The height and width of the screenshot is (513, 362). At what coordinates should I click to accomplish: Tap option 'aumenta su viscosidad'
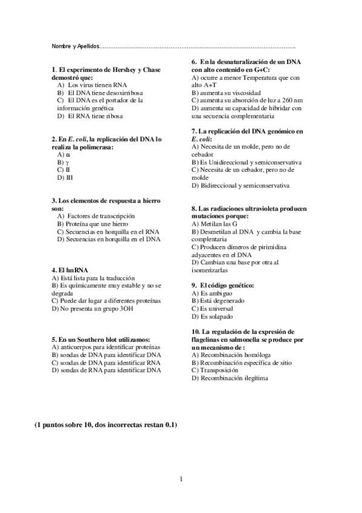pyautogui.click(x=225, y=93)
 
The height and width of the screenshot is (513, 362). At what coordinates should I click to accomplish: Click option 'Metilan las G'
pyautogui.click(x=217, y=224)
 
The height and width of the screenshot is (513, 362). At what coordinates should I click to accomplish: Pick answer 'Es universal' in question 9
pyautogui.click(x=217, y=309)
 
